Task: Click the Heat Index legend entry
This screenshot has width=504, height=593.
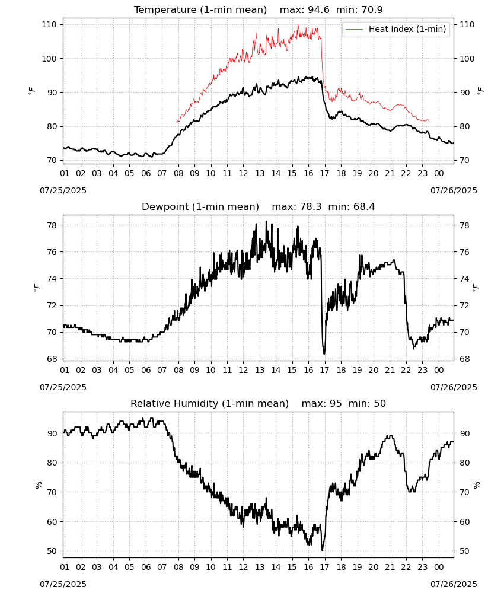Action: [396, 29]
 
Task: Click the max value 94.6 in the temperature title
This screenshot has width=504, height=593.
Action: [319, 9]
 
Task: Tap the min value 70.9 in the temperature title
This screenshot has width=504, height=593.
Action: [372, 9]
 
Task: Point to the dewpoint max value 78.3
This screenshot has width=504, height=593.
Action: [311, 206]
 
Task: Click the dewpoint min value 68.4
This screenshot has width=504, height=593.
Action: [364, 206]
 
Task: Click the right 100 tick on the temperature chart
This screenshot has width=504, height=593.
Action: [467, 59]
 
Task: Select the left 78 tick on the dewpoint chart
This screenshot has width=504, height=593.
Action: [52, 225]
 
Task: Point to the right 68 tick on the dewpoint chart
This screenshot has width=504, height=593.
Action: [464, 359]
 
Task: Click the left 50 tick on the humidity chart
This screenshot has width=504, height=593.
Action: [52, 551]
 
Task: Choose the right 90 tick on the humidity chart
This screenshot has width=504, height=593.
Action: [464, 433]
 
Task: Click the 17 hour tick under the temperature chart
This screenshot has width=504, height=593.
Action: [325, 173]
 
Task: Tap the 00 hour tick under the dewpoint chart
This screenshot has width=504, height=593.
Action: [439, 370]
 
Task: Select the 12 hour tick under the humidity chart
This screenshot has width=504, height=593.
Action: [244, 567]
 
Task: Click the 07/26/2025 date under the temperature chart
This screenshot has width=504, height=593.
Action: [454, 190]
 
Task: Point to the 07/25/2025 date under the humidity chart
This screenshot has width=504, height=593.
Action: [63, 584]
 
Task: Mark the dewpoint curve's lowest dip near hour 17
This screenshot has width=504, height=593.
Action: [324, 353]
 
